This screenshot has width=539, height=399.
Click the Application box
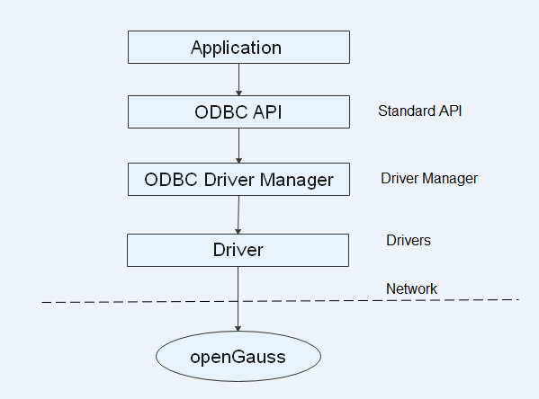click(238, 48)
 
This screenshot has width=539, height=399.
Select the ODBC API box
click(238, 112)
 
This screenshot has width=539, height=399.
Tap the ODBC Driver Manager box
click(238, 179)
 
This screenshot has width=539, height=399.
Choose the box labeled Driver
click(238, 250)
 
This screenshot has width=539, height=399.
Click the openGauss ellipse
click(238, 357)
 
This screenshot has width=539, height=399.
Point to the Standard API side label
click(420, 111)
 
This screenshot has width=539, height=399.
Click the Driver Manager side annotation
click(428, 178)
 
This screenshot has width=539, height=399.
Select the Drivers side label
click(409, 240)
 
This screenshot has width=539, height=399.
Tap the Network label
click(411, 288)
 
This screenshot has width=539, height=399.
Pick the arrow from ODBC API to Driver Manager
click(238, 145)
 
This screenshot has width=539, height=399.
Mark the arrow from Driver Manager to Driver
click(238, 214)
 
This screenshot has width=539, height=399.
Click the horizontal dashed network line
click(135, 302)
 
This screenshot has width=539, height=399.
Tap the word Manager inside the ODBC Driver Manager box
click(296, 179)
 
